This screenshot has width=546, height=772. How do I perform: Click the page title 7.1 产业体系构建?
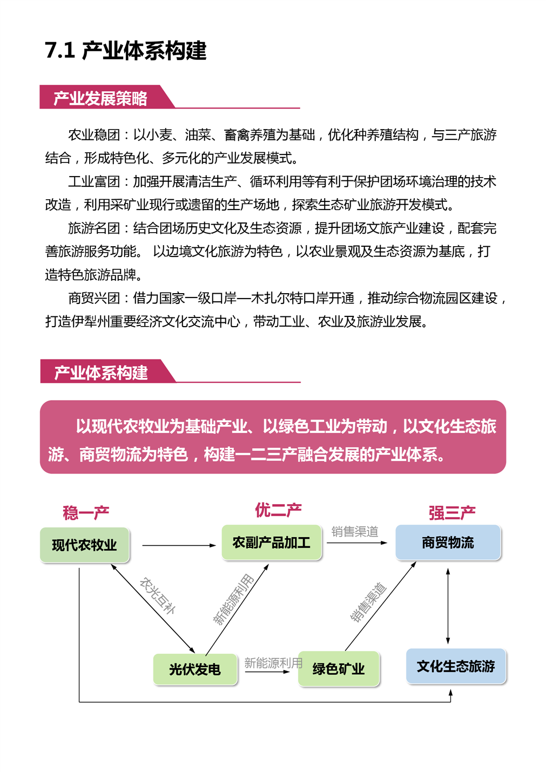125,51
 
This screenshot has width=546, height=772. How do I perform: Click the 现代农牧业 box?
84,545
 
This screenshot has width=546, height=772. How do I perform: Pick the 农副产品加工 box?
271,543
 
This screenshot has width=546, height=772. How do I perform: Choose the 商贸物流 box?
448,543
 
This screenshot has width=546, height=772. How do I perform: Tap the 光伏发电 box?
195,669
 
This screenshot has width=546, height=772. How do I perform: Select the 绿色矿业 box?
339,668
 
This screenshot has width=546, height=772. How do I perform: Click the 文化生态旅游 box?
456,666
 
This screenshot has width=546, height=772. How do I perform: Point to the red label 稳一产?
86,512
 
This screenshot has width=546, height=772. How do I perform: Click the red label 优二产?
278,510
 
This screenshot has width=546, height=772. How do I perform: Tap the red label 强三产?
452,512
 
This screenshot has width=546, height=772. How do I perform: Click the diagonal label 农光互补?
158,596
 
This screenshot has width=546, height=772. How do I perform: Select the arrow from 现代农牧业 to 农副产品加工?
179,545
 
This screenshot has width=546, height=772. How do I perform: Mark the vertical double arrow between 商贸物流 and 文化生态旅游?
448,606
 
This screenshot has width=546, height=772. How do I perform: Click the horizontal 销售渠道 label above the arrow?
355,531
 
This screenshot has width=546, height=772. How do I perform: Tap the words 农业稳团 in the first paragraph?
94,135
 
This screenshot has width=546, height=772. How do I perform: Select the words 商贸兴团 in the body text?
94,298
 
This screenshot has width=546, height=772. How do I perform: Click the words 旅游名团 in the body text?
94,228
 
